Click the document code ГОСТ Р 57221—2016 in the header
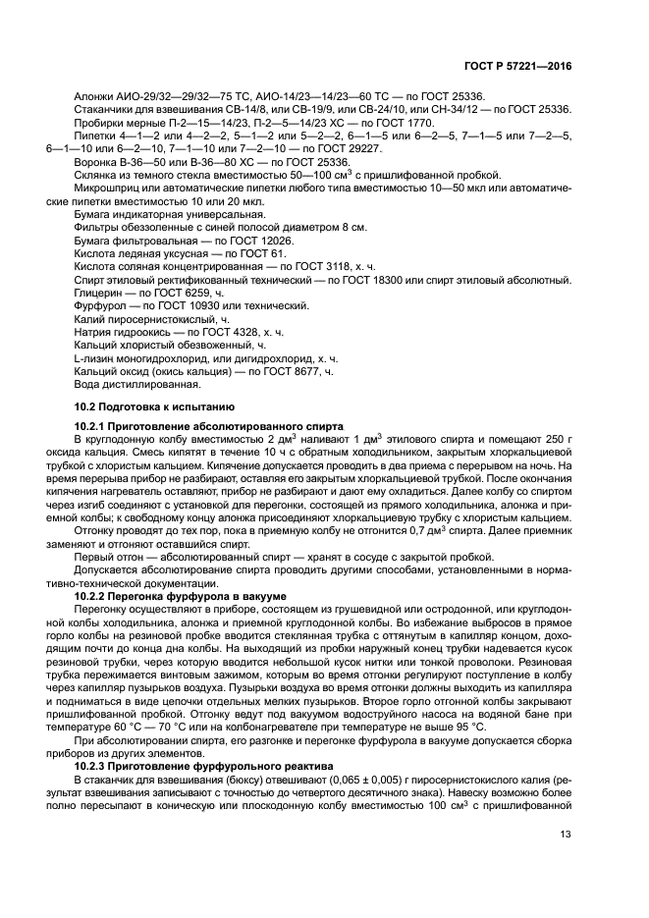518,67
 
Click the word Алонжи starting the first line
94,96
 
